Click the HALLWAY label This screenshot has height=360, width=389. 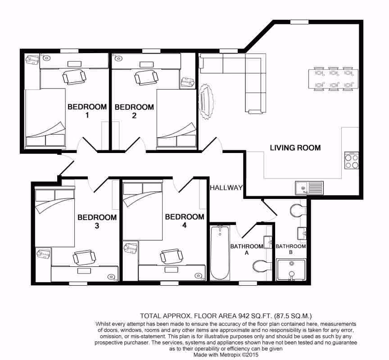point(226,188)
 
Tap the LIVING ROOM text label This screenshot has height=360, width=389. point(295,148)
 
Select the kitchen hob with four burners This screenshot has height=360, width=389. point(351,161)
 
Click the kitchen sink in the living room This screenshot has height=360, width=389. point(309,187)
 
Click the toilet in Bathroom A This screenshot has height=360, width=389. point(261,266)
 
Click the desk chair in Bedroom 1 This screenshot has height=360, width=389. point(74,77)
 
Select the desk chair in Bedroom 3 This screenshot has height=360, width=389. point(84,257)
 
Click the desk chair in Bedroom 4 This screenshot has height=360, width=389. point(172,256)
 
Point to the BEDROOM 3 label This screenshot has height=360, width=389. point(97,221)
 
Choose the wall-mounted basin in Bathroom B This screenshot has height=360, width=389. point(302,233)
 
